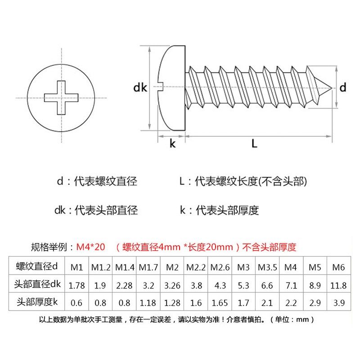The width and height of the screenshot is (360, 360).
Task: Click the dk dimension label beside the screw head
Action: (140, 88)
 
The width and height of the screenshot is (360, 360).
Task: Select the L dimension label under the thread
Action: (254, 144)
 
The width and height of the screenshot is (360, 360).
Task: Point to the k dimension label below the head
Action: (172, 144)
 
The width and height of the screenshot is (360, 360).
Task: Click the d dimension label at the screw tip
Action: (343, 88)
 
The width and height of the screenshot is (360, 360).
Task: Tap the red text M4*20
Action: (90, 247)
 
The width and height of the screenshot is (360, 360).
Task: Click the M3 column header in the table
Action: (243, 267)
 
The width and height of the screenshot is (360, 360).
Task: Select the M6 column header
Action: (338, 267)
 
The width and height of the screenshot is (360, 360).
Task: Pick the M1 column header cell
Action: (77, 267)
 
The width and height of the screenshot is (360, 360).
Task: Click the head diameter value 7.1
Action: (290, 285)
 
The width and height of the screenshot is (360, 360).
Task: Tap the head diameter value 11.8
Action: (338, 285)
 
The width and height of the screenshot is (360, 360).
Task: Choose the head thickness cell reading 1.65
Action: (219, 302)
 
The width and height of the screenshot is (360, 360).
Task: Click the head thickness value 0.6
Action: (77, 302)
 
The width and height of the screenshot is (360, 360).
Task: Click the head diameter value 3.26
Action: (172, 285)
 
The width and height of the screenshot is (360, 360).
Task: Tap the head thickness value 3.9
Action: (338, 302)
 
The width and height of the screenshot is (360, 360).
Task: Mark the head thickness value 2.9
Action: (315, 302)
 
